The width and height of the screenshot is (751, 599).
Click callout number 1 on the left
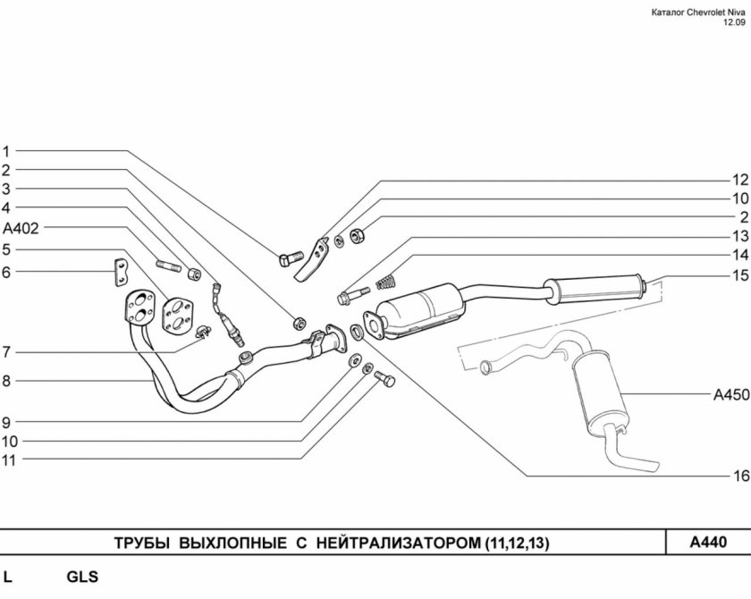[x=6, y=152]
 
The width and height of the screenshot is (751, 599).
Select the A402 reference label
[x=21, y=228]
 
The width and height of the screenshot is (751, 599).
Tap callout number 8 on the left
[x=6, y=381]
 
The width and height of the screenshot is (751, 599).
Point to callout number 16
[x=740, y=476]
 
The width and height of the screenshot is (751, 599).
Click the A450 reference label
[x=731, y=395]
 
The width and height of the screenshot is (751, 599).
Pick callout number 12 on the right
[x=740, y=180]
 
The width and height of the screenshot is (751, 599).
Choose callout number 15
[x=740, y=275]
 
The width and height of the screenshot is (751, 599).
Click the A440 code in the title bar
[x=708, y=542]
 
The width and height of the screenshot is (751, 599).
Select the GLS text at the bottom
[x=82, y=577]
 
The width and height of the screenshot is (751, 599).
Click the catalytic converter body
[x=420, y=310]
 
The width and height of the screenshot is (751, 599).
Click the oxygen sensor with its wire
[x=229, y=314]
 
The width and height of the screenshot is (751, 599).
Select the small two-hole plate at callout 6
[x=122, y=273]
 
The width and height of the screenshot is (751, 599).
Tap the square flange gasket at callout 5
[x=177, y=316]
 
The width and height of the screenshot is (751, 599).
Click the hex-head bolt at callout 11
[x=384, y=379]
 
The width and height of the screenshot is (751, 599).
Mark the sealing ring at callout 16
[x=357, y=332]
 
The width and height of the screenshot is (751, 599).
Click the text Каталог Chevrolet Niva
[x=698, y=13]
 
